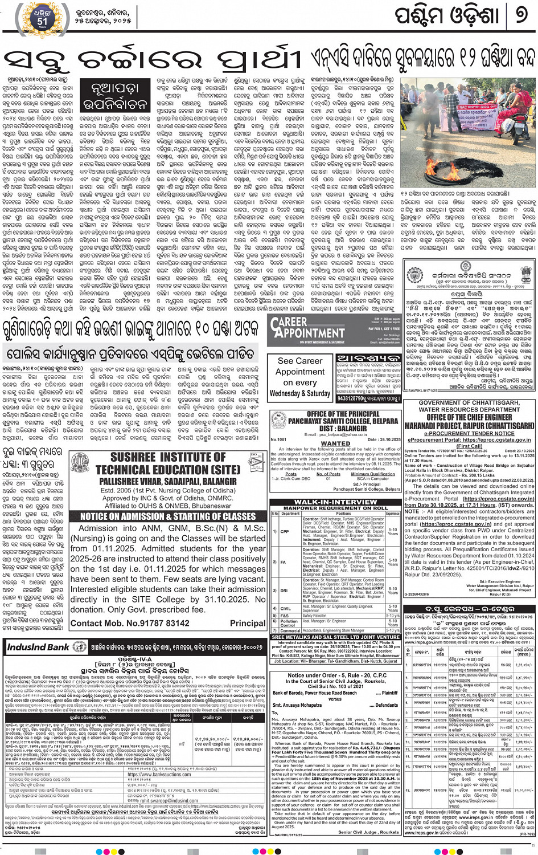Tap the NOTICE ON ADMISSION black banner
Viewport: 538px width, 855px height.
coord(168,516)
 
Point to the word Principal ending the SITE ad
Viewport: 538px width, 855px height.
coord(248,623)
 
